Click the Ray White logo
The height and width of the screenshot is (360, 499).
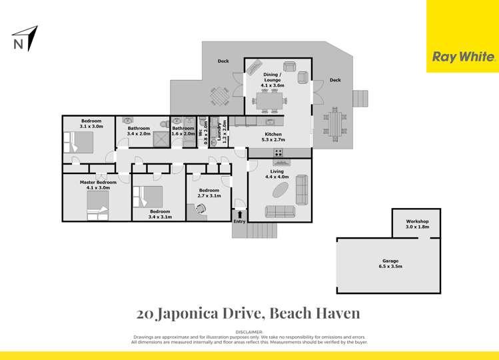tap(464, 57)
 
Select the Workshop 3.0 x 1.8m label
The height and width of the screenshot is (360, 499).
tap(417, 224)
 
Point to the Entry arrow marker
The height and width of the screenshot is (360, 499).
tap(239, 214)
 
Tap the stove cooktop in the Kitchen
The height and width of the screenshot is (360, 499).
tap(279, 153)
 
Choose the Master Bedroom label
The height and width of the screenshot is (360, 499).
tap(98, 185)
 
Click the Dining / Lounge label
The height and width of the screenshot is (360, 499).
tap(273, 80)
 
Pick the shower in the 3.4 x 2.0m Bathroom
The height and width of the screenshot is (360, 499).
tap(161, 139)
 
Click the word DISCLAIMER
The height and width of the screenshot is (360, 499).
tap(249, 331)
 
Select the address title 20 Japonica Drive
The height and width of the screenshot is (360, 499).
tap(249, 312)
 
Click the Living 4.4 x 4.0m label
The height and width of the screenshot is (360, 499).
tap(277, 174)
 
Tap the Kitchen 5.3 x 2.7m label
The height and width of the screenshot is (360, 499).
tap(273, 137)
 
